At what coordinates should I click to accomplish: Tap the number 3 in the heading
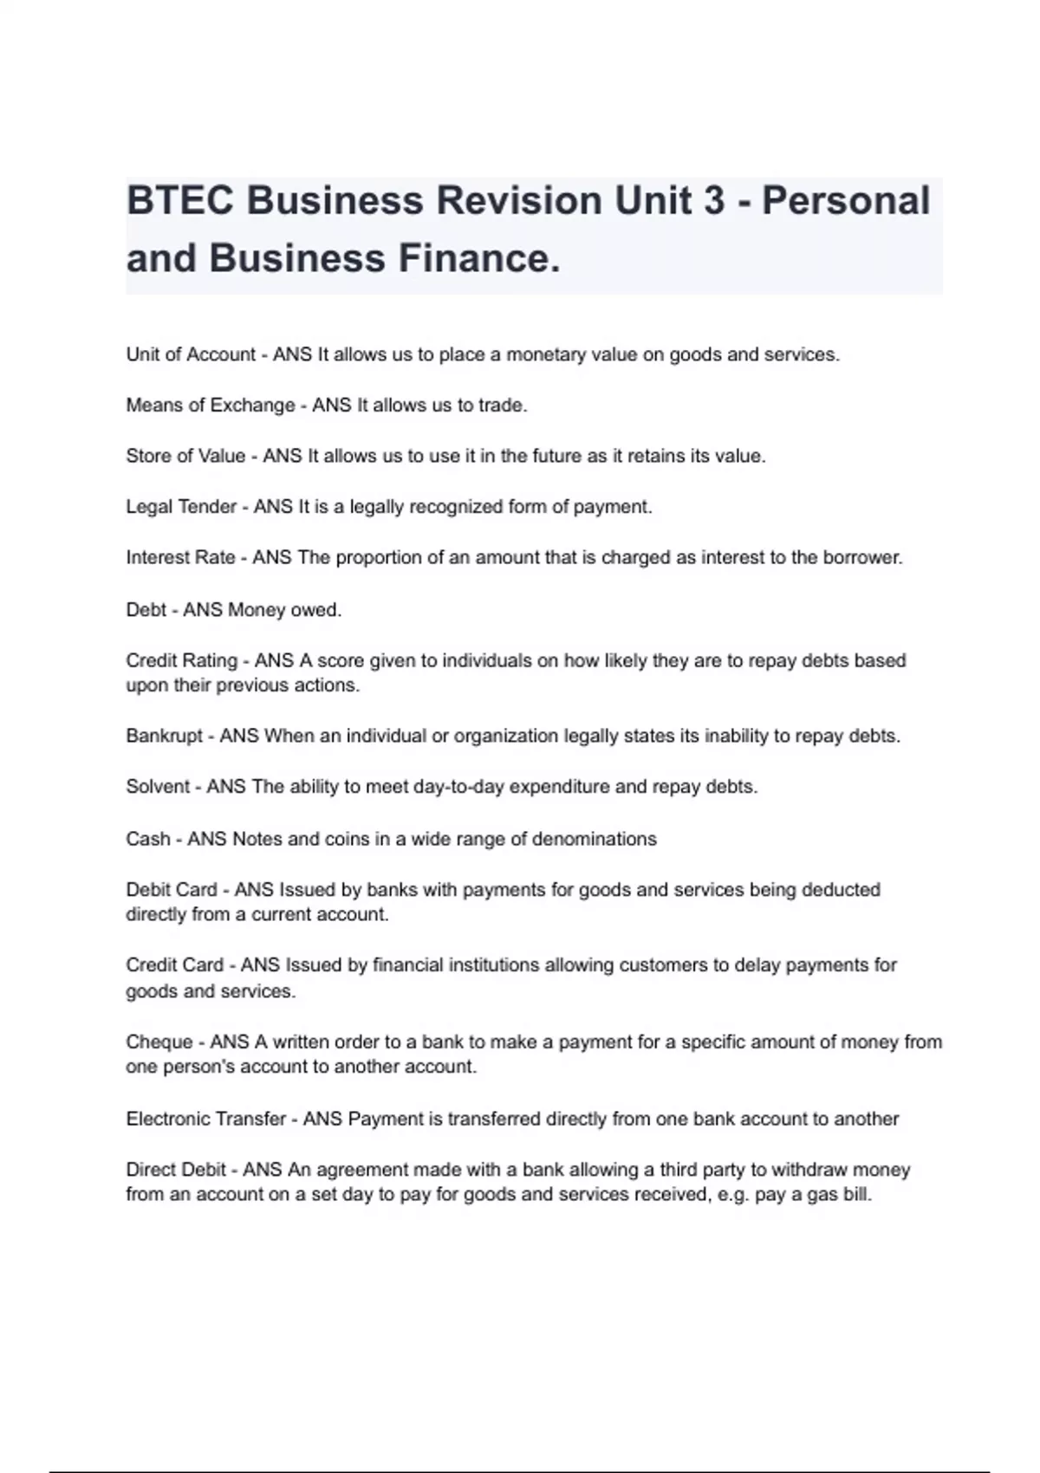[x=714, y=201]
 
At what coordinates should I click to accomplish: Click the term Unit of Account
[x=191, y=354]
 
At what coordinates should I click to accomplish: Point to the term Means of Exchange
[x=211, y=406]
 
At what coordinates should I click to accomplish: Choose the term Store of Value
[x=185, y=456]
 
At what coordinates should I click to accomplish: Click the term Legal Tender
[x=181, y=507]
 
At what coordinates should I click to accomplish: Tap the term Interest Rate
[x=180, y=557]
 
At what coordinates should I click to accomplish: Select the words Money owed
[x=284, y=610]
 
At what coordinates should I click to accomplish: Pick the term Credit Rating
[x=181, y=660]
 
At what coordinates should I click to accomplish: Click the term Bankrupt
[x=165, y=736]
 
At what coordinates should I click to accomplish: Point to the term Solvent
[x=158, y=787]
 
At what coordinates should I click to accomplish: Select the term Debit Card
[x=172, y=890]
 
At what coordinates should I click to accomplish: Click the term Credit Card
[x=174, y=965]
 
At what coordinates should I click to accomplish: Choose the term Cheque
[x=159, y=1041]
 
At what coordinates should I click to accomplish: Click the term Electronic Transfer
[x=205, y=1119]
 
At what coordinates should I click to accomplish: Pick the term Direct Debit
[x=176, y=1170]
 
